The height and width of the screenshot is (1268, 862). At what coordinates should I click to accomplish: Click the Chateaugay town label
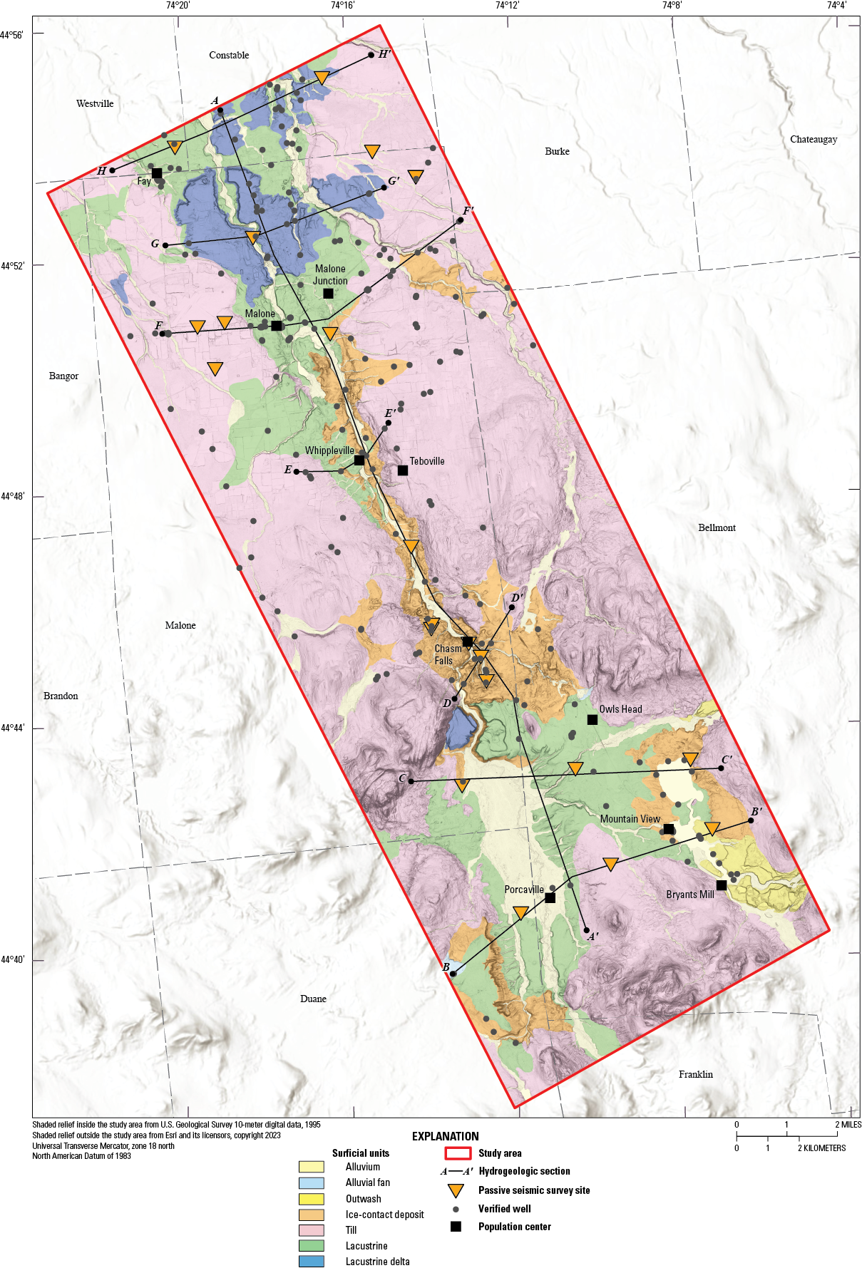tap(813, 139)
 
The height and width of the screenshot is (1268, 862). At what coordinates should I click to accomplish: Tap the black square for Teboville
tap(403, 470)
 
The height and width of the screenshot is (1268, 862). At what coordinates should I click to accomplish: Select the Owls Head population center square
tap(592, 720)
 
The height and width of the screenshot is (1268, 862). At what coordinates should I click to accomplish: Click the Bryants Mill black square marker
tap(722, 885)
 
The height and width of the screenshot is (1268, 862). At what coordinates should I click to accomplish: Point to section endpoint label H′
tap(384, 54)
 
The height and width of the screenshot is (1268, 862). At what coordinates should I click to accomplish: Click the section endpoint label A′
tap(592, 937)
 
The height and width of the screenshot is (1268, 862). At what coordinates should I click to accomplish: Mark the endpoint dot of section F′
tap(460, 220)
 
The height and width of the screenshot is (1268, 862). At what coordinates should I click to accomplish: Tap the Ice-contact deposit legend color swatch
tap(312, 1215)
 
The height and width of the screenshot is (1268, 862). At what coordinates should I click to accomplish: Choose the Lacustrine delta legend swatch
tap(312, 1262)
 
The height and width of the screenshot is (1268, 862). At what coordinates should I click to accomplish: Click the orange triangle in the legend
tap(456, 1190)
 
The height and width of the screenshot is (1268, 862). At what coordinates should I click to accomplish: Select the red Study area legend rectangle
tap(458, 1153)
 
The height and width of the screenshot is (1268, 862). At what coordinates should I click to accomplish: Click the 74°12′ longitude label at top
tap(507, 6)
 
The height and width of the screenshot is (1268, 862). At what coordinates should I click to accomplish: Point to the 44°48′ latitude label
tap(12, 496)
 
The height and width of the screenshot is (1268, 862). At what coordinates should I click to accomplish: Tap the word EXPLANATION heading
tap(445, 1136)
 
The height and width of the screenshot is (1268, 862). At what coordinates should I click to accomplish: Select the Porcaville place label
tap(524, 890)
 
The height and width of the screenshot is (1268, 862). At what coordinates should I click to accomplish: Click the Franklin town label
tap(695, 1074)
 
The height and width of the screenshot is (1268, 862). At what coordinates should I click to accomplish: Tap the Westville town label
tap(95, 103)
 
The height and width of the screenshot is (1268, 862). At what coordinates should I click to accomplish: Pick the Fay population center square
tap(157, 173)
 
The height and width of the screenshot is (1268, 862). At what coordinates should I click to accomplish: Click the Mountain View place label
tap(630, 819)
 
